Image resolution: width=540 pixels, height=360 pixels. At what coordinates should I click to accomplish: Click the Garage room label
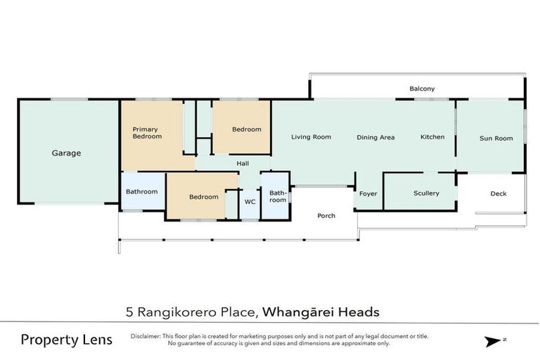(66, 153)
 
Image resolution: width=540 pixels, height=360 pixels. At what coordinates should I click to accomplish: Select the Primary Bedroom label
(147, 133)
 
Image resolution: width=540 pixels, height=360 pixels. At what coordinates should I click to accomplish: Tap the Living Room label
(311, 137)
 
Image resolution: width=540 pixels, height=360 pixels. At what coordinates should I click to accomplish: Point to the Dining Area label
(375, 138)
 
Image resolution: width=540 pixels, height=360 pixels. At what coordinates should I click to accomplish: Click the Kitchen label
(432, 137)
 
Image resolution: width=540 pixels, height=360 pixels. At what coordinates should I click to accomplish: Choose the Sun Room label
(496, 139)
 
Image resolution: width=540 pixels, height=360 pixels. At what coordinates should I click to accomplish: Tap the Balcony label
(422, 89)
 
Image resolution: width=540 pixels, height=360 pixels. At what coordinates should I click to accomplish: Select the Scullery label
(426, 193)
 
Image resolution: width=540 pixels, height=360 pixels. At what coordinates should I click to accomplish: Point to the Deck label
(498, 194)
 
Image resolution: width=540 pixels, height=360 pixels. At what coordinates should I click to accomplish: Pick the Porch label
(326, 216)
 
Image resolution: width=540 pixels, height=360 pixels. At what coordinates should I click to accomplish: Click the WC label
(250, 202)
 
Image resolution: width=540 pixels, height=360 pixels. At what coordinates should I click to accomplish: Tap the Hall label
(243, 164)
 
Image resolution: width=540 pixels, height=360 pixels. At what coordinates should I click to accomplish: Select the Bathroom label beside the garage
(141, 191)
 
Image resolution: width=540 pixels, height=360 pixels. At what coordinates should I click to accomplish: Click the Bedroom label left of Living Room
(247, 129)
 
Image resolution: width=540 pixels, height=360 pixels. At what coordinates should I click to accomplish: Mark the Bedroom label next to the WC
(203, 197)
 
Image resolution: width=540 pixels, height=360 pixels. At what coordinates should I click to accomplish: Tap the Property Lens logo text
(66, 340)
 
